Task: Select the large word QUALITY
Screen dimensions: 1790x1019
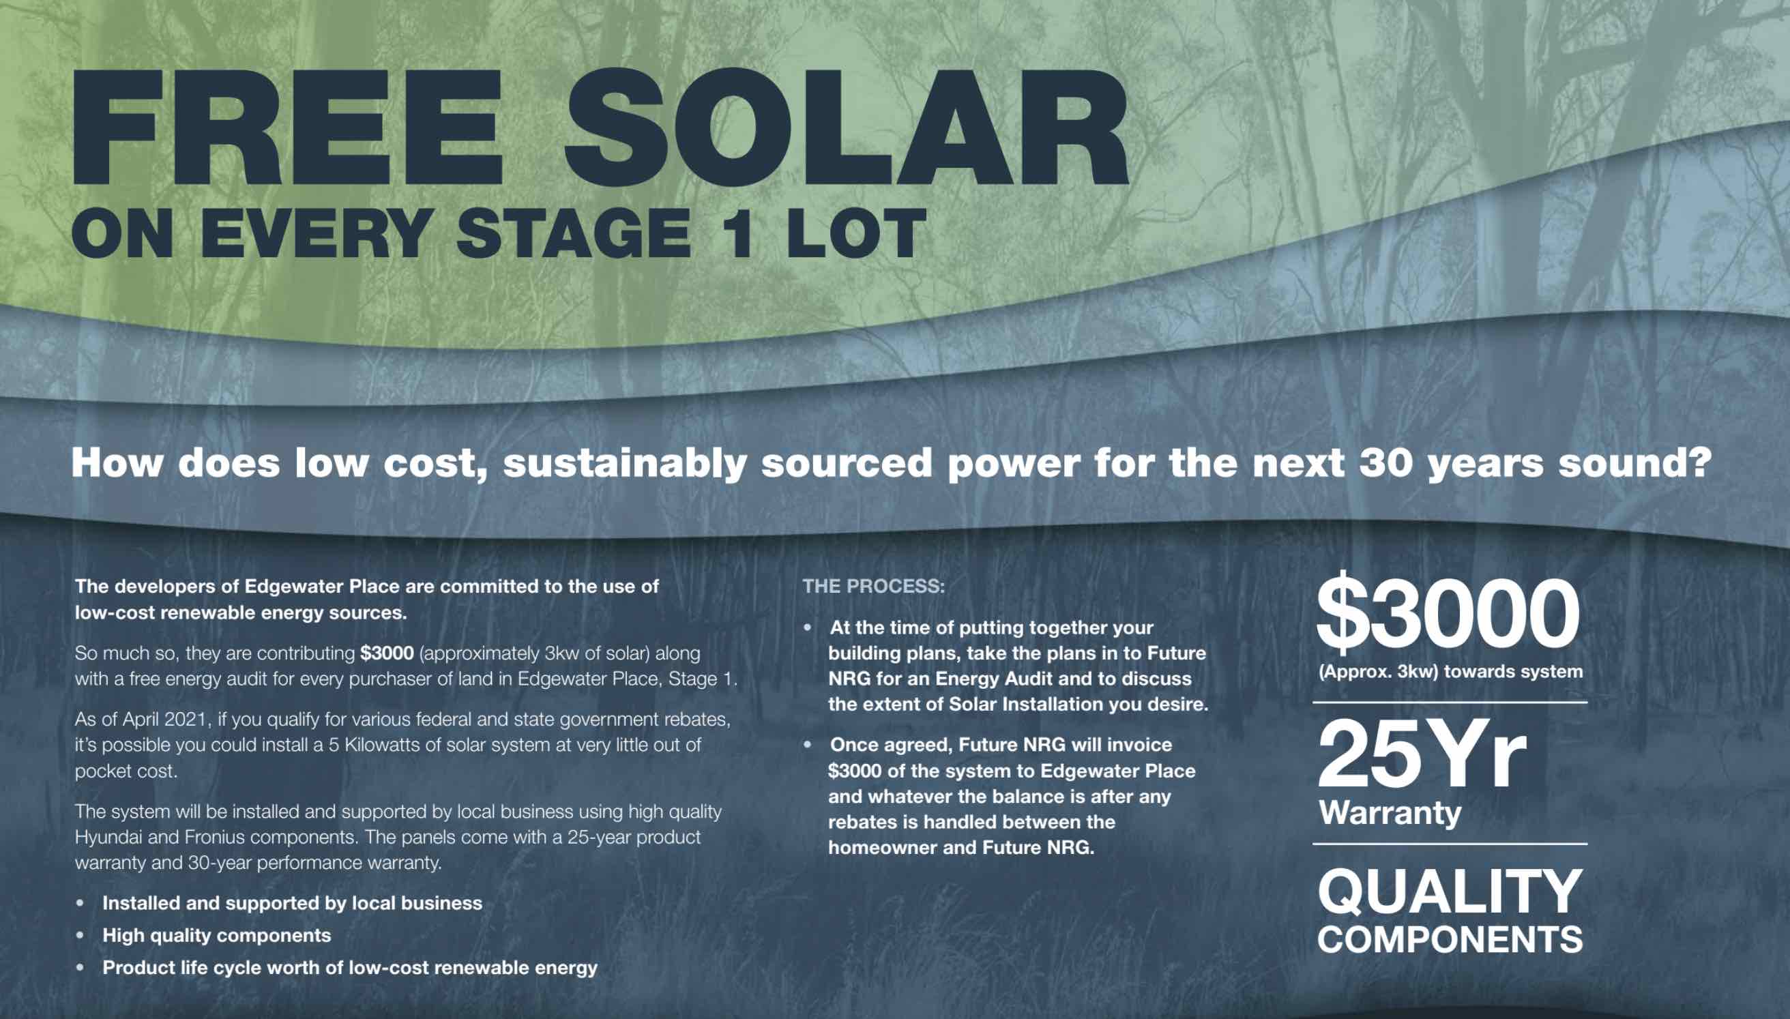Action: [1449, 892]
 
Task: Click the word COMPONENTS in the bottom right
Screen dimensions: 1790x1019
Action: [1450, 939]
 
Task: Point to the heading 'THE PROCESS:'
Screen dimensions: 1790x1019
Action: [873, 586]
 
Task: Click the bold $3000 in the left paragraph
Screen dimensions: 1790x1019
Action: [387, 653]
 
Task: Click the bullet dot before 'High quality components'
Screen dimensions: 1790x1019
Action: [81, 936]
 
